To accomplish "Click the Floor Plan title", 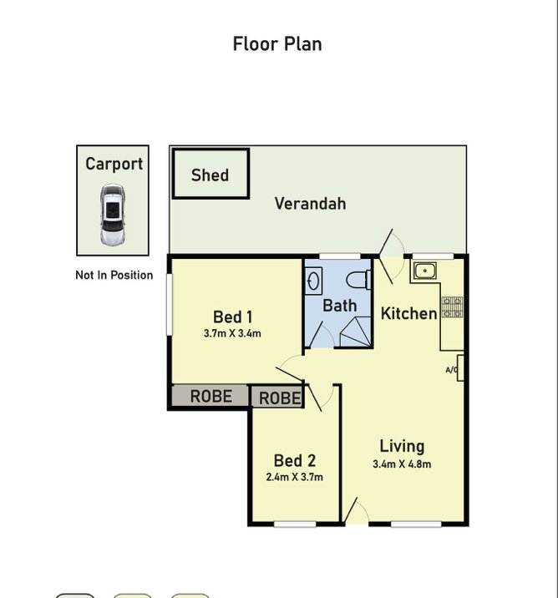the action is pos(277,44).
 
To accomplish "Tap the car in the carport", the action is pos(112,215).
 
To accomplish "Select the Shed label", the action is pos(211,175).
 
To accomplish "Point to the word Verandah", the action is pos(311,203).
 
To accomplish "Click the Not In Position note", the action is pos(114,275).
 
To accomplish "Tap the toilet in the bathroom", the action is pos(358,280).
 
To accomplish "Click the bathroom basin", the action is pos(313,281).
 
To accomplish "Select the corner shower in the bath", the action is pos(356,332).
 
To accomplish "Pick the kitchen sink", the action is pos(424,271).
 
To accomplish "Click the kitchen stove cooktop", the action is pos(453,307).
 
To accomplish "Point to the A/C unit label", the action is pos(451,369).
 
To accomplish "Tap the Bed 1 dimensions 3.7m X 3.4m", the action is pos(232,333).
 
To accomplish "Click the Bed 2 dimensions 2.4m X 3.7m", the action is pos(294,477).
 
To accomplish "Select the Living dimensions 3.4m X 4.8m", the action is pos(402,464).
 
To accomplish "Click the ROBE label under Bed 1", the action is pos(211,396).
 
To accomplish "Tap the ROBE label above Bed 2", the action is pos(280,398).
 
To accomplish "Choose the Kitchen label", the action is pos(408,313).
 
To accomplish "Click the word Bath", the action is pos(340,306).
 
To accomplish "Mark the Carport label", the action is pos(114,164).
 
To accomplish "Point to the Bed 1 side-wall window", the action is pos(170,305).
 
